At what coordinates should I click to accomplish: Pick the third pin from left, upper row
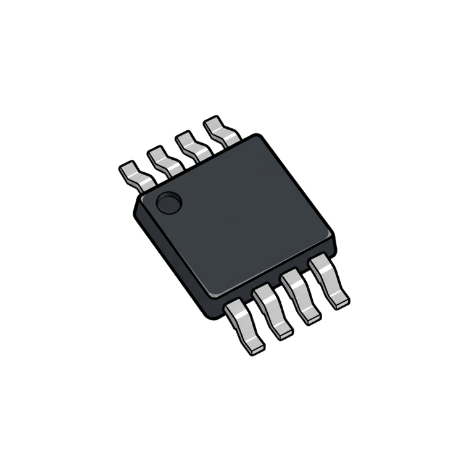(192, 146)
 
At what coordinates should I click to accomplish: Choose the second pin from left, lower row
(272, 309)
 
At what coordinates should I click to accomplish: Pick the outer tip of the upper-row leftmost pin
(127, 168)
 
